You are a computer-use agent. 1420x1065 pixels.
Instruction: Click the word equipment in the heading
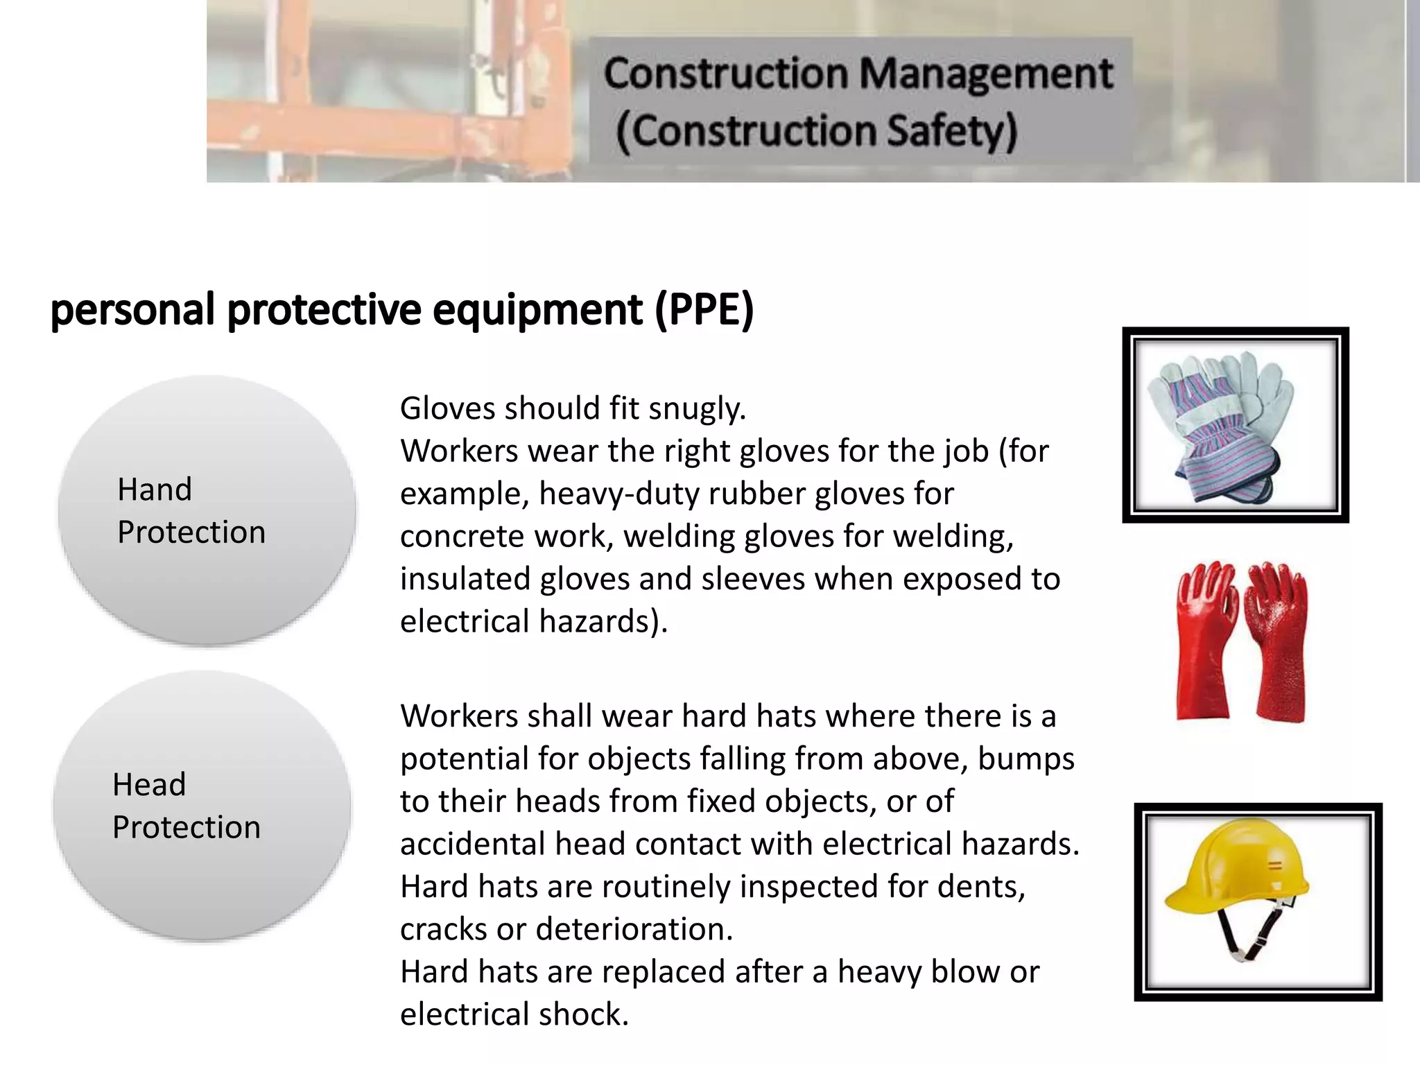tap(538, 311)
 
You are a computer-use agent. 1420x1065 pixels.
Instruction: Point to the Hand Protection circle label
tap(191, 511)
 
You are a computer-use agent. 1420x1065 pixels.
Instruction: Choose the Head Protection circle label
tap(186, 806)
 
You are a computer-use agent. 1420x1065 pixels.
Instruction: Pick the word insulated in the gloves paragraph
tap(465, 579)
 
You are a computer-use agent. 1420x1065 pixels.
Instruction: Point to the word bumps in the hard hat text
tap(1026, 759)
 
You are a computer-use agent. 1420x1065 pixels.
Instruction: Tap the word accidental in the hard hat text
tap(472, 845)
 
